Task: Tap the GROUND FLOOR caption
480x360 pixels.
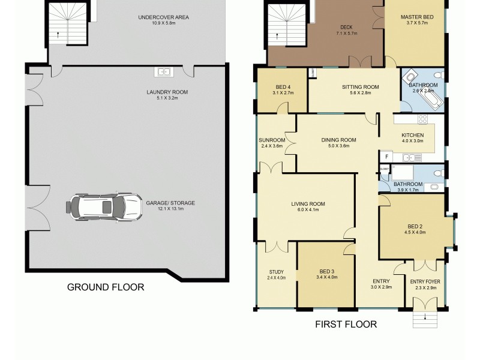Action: [x=106, y=287]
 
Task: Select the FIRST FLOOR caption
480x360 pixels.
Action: [x=346, y=325]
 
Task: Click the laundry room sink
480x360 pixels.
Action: [x=163, y=72]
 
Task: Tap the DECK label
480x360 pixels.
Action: [x=346, y=27]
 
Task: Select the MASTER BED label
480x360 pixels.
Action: [x=413, y=17]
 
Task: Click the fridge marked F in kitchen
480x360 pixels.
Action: [x=387, y=157]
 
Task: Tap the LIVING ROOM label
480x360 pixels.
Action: [x=308, y=204]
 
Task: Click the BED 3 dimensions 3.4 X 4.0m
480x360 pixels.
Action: [x=329, y=278]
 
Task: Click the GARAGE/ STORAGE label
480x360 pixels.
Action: [x=170, y=203]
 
